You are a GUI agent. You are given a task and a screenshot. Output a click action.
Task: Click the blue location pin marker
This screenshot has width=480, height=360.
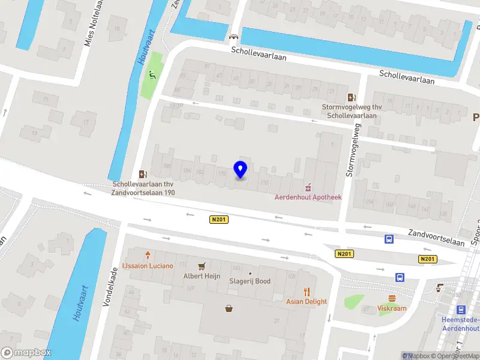point(241,169)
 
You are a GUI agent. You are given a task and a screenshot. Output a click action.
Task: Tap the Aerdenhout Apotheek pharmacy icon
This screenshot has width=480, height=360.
point(308,187)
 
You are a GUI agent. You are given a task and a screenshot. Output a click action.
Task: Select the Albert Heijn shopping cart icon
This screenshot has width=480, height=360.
point(202,266)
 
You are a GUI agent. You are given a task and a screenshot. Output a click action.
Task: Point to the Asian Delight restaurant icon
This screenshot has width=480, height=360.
point(307,292)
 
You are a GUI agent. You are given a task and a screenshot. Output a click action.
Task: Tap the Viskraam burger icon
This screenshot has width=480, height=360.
point(392,298)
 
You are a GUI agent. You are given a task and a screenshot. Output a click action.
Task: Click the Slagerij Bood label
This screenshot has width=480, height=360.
point(250,281)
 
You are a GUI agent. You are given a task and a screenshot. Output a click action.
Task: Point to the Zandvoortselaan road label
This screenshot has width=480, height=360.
point(437,238)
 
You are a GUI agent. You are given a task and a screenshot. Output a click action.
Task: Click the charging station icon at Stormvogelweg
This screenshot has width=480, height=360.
point(351,97)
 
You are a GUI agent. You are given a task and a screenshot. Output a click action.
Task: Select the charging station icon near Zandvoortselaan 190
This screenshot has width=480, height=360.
point(143,174)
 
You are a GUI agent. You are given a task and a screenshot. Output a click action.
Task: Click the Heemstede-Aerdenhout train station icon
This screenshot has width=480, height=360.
point(461,310)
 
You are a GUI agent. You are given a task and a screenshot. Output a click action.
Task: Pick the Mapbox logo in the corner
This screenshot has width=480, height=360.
point(26,352)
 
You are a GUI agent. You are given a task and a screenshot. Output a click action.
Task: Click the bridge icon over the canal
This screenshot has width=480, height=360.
point(233,37)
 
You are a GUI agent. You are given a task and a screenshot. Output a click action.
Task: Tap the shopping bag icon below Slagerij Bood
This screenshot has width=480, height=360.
point(229,308)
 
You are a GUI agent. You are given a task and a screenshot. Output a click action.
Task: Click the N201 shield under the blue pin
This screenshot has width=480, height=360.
point(219,220)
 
